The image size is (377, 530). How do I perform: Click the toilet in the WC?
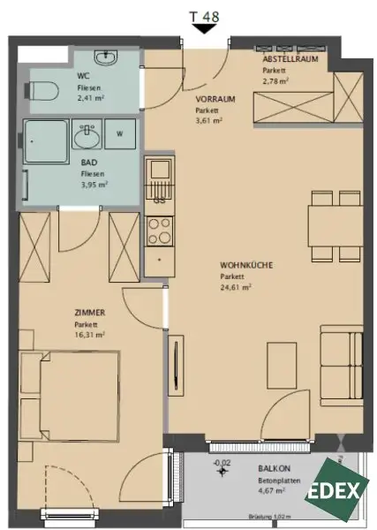pyautogui.click(x=41, y=91)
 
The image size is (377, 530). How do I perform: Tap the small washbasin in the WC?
pyautogui.click(x=106, y=57)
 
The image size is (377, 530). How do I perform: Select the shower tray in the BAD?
pyautogui.click(x=46, y=141)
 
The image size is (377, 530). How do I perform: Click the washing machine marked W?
pyautogui.click(x=120, y=134)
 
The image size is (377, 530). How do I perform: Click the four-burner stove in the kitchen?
pyautogui.click(x=160, y=231)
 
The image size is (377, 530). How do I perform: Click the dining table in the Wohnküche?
pyautogui.click(x=336, y=226)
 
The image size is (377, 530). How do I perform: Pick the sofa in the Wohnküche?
pyautogui.click(x=342, y=366)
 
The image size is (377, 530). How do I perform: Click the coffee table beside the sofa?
pyautogui.click(x=282, y=364)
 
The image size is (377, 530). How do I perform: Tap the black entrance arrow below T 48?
pyautogui.click(x=204, y=29)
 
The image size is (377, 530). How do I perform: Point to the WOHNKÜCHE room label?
pyautogui.click(x=246, y=265)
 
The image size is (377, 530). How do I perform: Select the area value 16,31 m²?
pyautogui.click(x=89, y=335)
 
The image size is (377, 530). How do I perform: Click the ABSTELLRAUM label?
pyautogui.click(x=290, y=59)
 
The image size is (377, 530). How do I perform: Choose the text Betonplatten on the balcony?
pyautogui.click(x=279, y=481)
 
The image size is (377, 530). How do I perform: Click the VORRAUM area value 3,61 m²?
pyautogui.click(x=208, y=120)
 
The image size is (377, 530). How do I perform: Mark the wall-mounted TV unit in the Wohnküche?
pyautogui.click(x=176, y=366)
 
